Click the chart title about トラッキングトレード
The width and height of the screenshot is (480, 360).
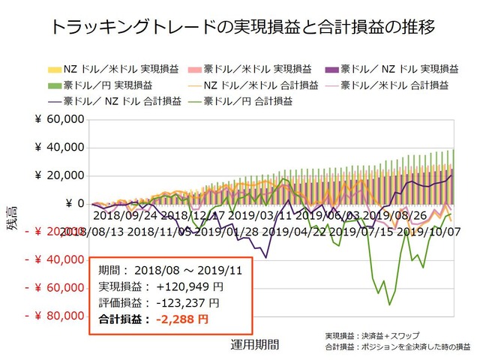point(240,28)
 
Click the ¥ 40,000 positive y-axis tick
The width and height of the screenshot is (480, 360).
point(59,148)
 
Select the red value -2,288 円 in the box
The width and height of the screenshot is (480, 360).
point(181,319)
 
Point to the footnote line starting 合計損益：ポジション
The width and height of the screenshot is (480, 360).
point(397,347)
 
